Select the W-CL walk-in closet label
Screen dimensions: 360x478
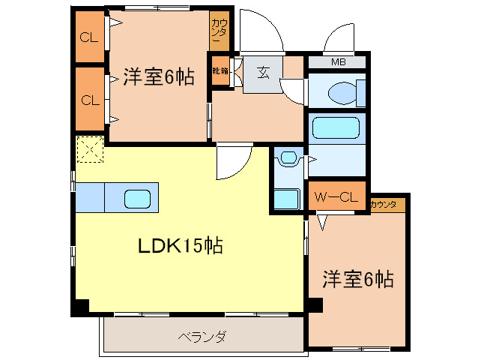pyautogui.click(x=336, y=198)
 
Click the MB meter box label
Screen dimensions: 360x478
pyautogui.click(x=338, y=61)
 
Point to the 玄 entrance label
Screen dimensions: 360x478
pyautogui.click(x=264, y=73)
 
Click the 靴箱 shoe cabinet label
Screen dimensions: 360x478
pyautogui.click(x=220, y=72)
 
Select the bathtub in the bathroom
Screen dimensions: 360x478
pyautogui.click(x=335, y=128)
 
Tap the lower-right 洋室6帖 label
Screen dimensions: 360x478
pyautogui.click(x=357, y=280)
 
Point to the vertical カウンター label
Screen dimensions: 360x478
pyautogui.click(x=220, y=31)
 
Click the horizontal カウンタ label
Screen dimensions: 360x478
pyautogui.click(x=384, y=204)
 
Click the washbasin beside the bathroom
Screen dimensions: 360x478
pyautogui.click(x=288, y=159)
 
